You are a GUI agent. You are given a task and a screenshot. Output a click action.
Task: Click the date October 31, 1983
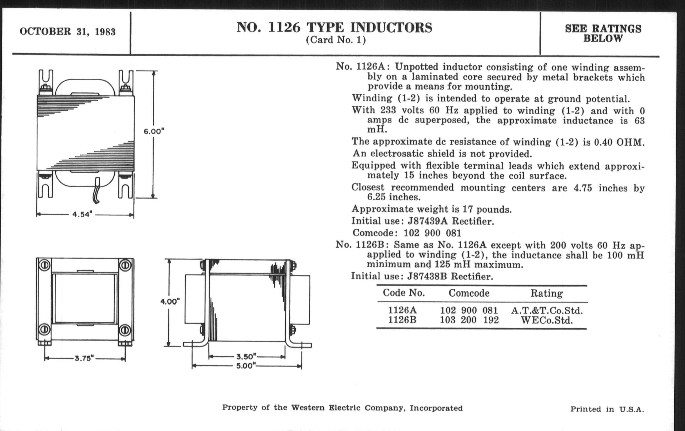(67, 32)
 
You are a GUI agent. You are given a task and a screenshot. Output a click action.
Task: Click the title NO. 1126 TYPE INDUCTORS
(334, 28)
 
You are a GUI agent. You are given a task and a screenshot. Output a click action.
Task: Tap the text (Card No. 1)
(336, 40)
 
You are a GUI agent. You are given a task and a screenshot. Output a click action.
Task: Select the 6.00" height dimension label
(154, 132)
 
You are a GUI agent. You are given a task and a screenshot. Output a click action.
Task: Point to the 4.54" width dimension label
(83, 214)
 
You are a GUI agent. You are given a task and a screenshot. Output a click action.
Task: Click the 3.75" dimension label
(84, 358)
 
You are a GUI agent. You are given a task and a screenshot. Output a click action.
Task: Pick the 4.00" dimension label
(170, 301)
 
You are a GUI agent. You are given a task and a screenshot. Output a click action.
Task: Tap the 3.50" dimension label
(246, 356)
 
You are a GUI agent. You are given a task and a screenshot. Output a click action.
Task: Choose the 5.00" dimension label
(246, 366)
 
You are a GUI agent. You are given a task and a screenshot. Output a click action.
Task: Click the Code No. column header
(404, 293)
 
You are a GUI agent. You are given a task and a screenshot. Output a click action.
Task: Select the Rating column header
(546, 293)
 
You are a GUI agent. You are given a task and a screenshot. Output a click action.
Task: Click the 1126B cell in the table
(402, 320)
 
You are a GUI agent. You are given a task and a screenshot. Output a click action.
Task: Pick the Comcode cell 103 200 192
(469, 320)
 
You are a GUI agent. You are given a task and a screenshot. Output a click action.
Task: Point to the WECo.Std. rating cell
(546, 321)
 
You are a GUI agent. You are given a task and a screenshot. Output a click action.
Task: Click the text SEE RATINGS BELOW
(603, 33)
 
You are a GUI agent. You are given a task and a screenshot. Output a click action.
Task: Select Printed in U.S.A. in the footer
(607, 409)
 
